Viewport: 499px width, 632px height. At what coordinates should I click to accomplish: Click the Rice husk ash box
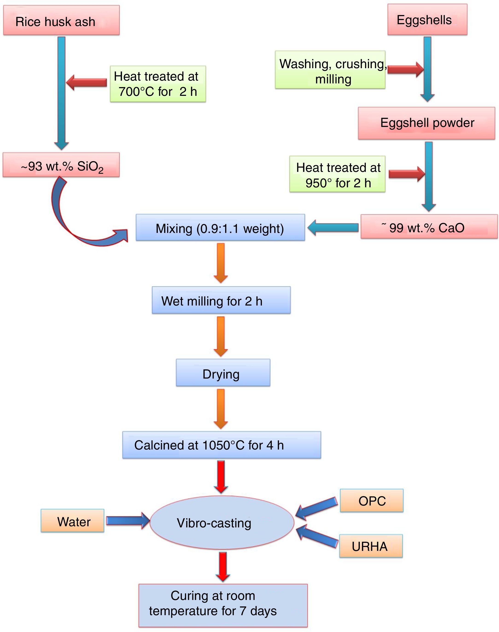coord(61,21)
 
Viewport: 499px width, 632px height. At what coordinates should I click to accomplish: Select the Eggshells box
coord(427,20)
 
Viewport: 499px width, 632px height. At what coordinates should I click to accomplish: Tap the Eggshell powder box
coord(426,123)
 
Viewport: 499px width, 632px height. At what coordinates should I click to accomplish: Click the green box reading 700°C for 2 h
coord(158,84)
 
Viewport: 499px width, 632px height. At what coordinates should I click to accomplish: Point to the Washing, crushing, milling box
coord(330,70)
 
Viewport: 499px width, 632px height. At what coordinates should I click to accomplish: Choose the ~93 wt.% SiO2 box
coord(61,165)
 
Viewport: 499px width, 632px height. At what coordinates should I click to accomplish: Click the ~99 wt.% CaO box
coord(429,227)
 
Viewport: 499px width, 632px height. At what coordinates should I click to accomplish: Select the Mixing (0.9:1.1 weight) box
coord(220,228)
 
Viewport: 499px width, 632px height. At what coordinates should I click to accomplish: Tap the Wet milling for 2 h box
coord(221,300)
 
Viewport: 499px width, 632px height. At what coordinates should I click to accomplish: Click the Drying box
coord(223,373)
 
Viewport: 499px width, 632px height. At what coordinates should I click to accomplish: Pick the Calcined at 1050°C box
coord(222,445)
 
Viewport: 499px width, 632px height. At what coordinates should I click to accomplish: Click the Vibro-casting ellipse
coord(222,522)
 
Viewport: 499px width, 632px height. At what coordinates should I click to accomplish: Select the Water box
coord(73,521)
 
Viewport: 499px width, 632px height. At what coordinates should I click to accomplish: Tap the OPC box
coord(372,501)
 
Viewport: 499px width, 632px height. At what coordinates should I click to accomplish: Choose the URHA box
coord(371,546)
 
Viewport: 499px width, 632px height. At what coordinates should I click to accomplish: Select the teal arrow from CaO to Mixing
coord(333,227)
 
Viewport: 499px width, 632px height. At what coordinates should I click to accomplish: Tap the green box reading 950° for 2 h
coord(337,174)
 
